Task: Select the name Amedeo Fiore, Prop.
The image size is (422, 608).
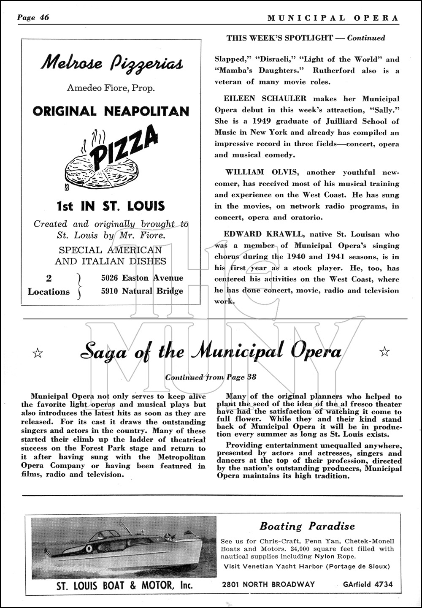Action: coord(111,88)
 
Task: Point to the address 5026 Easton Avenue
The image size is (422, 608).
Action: coord(142,278)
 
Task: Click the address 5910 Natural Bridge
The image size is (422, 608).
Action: coord(142,291)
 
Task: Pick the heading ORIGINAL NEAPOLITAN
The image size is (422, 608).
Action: coord(111,111)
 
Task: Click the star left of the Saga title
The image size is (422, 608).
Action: coord(38,353)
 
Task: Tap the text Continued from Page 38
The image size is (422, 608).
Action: coord(211,377)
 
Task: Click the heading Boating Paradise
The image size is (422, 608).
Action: coord(307,527)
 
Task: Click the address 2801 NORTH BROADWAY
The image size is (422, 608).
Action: coord(268,584)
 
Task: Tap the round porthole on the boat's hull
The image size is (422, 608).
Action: coord(89,549)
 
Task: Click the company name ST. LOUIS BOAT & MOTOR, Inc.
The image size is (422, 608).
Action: coord(124,585)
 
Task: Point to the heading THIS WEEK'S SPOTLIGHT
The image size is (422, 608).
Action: coord(279,38)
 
